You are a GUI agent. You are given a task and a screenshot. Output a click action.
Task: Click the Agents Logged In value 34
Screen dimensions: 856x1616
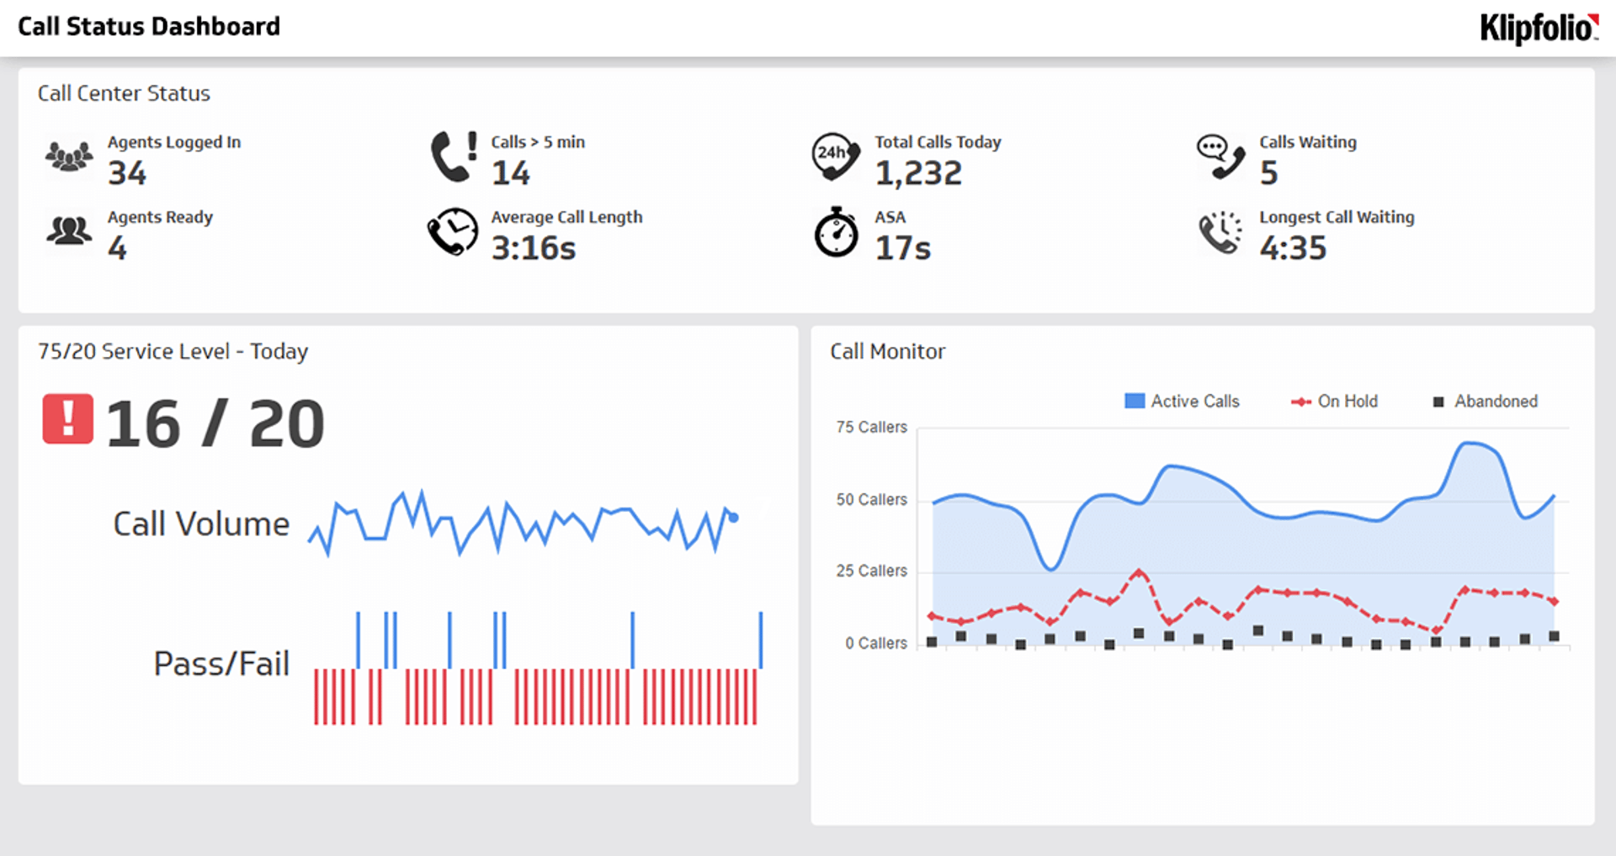(127, 173)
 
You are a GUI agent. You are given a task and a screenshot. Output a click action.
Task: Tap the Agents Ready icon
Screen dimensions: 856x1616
(69, 231)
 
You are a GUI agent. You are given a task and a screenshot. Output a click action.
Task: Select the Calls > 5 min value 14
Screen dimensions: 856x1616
(511, 173)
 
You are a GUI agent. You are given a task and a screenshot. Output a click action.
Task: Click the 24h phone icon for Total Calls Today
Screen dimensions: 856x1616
(835, 156)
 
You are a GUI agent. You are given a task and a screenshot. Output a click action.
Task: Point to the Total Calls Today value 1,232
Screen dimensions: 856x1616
(918, 173)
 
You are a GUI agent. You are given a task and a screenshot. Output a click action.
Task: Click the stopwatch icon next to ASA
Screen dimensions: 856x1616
(836, 232)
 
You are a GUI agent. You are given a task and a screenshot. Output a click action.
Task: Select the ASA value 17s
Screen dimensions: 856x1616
(903, 248)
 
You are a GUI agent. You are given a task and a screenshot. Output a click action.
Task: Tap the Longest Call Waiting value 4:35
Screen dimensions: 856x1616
(1293, 248)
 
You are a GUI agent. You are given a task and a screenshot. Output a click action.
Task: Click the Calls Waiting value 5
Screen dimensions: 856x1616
(1268, 173)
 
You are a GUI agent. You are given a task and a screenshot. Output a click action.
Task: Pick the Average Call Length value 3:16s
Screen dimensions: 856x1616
(534, 248)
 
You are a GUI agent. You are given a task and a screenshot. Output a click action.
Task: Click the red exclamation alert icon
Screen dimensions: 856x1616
(68, 419)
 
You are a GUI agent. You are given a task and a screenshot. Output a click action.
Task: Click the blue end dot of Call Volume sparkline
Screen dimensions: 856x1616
(733, 518)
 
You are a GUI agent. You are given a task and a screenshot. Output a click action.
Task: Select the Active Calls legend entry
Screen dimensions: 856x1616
(1183, 401)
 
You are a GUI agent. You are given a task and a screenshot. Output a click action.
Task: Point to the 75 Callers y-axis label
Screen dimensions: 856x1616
(871, 428)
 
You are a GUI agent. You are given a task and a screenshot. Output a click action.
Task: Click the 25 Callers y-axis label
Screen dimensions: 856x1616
(871, 572)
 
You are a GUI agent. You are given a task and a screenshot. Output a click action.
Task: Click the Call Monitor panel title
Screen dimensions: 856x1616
(887, 352)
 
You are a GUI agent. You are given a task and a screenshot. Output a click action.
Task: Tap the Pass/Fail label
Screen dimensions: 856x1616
(221, 664)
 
